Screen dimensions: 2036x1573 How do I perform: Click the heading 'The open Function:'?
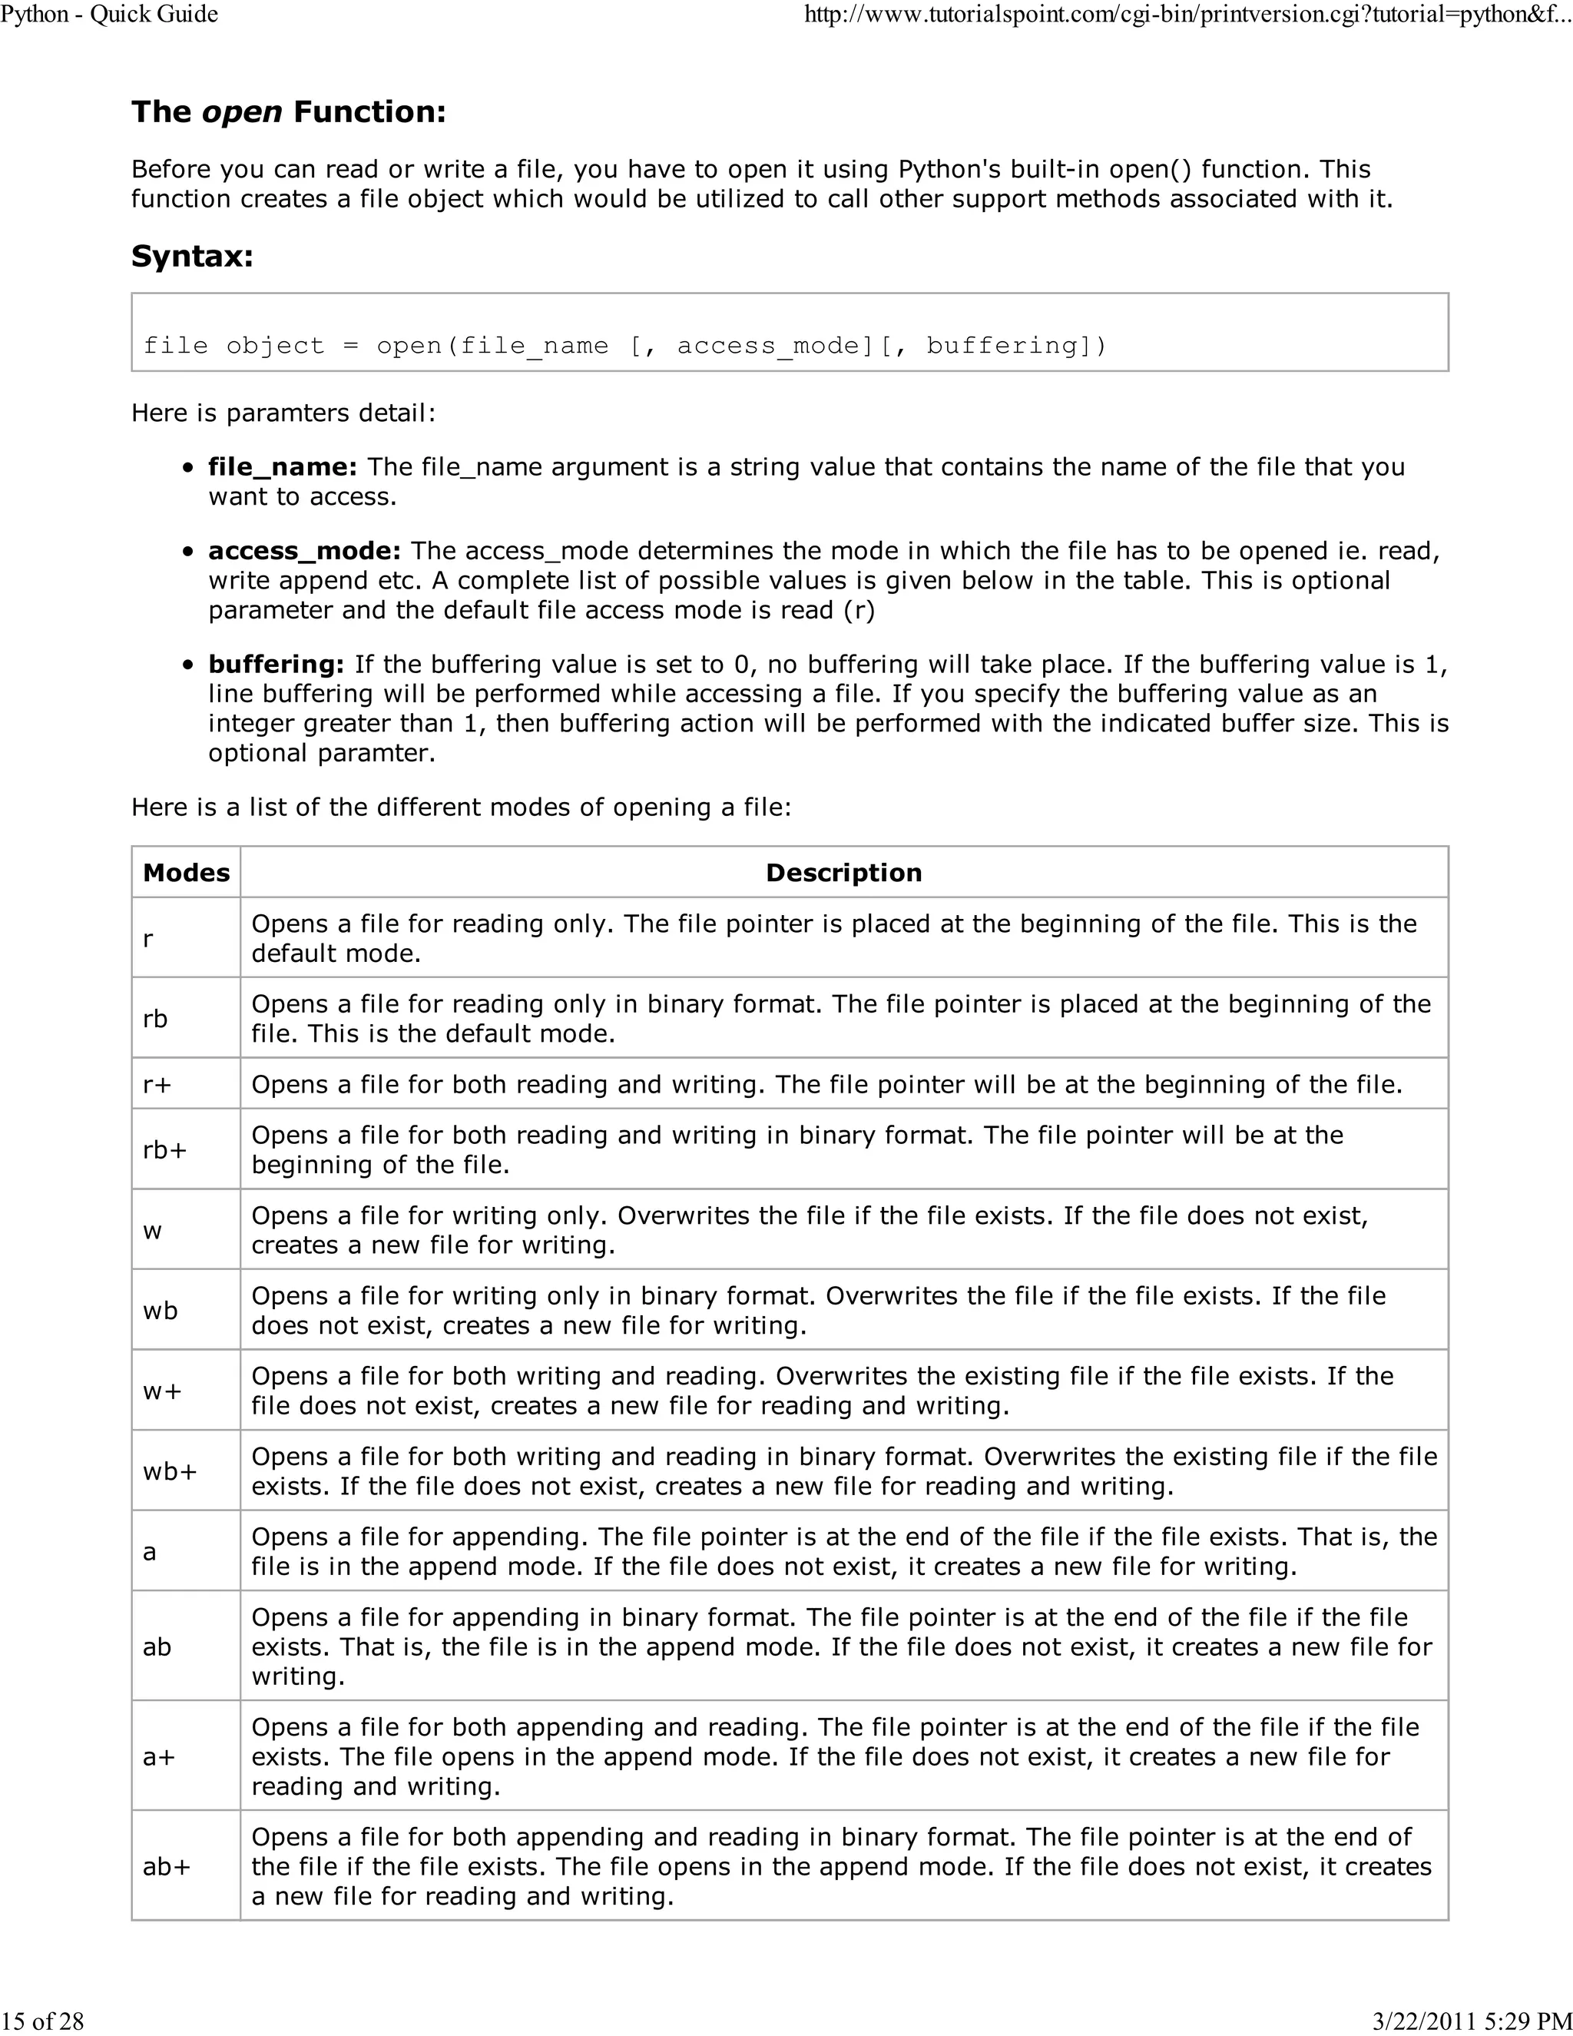(288, 112)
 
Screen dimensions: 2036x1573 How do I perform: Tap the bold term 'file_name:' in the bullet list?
(283, 466)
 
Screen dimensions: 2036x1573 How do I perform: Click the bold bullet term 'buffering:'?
(276, 664)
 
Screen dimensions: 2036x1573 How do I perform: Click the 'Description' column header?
(843, 873)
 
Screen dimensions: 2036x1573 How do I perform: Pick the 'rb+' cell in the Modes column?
(164, 1149)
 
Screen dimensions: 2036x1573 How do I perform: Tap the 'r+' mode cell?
(157, 1084)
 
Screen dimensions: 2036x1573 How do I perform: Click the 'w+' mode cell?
(161, 1391)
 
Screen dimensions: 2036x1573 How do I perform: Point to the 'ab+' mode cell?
(166, 1866)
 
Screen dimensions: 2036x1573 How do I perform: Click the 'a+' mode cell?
(158, 1756)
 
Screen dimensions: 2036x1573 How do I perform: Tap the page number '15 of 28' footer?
(43, 2020)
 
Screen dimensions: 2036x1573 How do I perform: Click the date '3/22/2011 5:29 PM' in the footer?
(1472, 2020)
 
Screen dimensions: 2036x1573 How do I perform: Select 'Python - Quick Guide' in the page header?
(109, 14)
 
